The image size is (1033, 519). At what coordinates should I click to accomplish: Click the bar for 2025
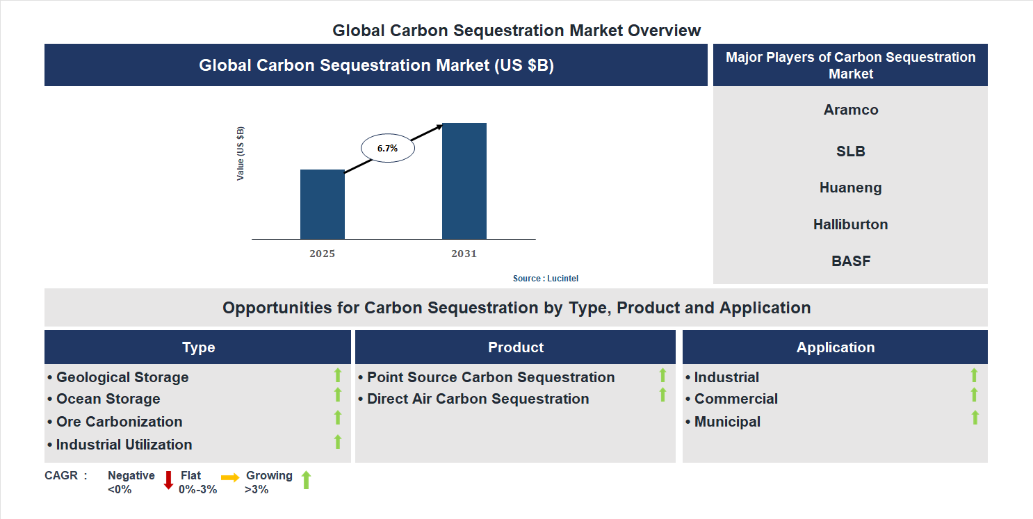322,204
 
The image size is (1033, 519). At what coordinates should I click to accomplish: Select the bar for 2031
464,181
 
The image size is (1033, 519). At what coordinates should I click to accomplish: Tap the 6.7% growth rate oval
387,148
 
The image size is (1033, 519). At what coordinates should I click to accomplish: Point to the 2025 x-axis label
322,254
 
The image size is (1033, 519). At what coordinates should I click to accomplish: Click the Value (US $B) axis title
241,154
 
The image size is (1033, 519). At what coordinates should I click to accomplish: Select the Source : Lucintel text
545,279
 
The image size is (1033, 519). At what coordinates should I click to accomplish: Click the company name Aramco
850,110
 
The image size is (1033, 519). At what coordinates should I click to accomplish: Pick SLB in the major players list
850,151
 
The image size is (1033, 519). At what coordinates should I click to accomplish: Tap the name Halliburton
850,224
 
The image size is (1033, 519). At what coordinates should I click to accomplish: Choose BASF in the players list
850,261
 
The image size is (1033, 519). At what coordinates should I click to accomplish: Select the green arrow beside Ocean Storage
338,395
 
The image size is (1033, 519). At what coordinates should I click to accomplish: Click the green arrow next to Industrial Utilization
338,441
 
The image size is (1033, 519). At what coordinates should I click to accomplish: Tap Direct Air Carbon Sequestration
477,399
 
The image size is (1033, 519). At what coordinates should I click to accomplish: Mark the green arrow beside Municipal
975,418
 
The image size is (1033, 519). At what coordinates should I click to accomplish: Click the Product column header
515,347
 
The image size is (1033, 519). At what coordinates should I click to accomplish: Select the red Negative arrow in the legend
168,480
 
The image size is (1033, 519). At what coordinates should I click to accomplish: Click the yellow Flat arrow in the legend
230,477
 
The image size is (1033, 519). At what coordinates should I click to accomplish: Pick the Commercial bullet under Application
735,399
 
